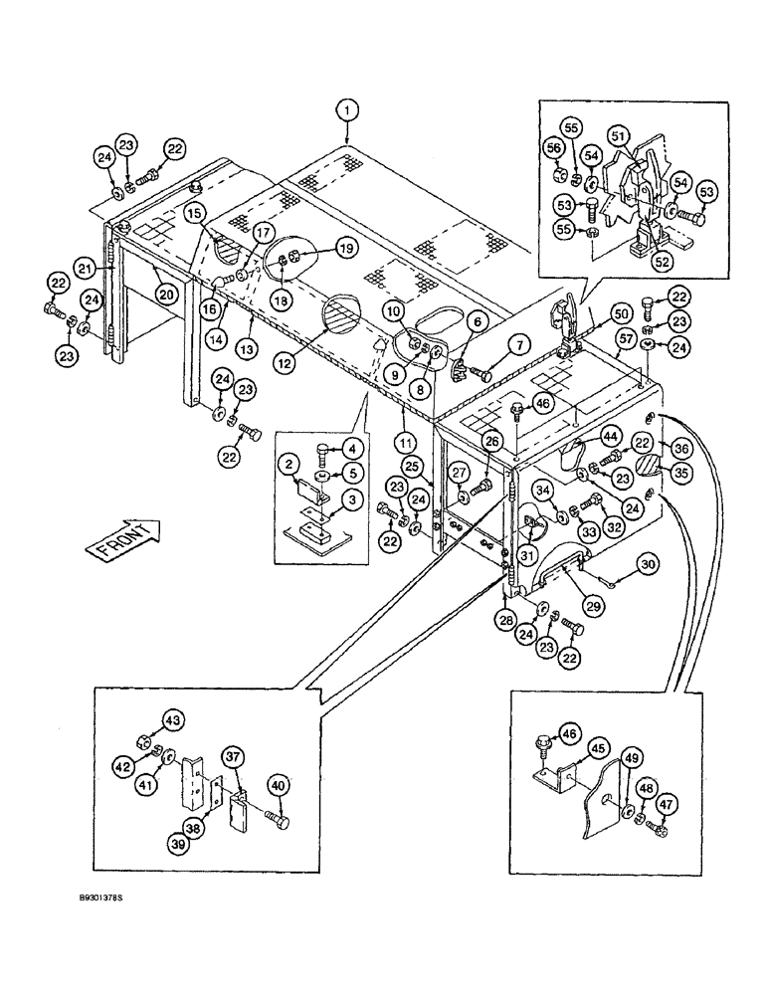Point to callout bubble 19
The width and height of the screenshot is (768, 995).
pos(315,248)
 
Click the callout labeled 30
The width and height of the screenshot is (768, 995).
pos(647,565)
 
